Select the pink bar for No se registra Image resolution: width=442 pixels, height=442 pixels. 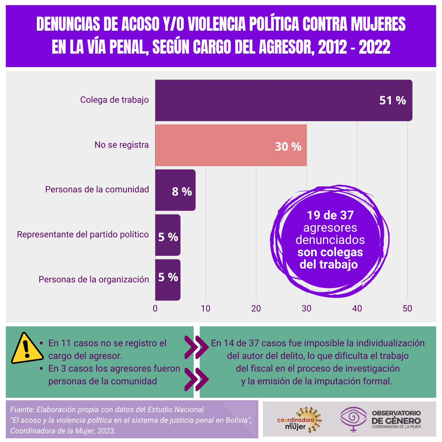[x=213, y=145]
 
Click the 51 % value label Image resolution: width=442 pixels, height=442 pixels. [x=392, y=100]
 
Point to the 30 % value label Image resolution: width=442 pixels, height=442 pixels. [x=288, y=147]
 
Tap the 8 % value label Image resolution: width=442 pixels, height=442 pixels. [x=182, y=191]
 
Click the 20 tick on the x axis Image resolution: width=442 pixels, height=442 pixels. [x=256, y=309]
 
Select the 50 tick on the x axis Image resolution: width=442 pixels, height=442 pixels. [x=407, y=309]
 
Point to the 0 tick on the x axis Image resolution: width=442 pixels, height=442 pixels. [x=155, y=309]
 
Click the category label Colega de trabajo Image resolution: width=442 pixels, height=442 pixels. [x=115, y=100]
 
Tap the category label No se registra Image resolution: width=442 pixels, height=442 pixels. [x=122, y=144]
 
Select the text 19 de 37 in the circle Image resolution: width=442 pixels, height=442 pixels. [x=330, y=215]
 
